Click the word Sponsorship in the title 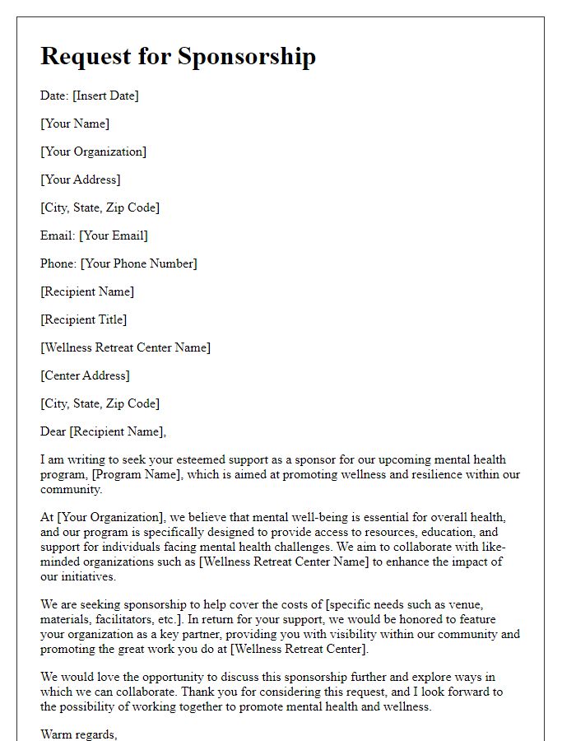pos(247,56)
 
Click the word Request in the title pos(86,56)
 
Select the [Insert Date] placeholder pos(105,96)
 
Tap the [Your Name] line pos(75,123)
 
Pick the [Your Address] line pos(81,179)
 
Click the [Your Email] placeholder pos(114,235)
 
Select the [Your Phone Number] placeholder pos(138,263)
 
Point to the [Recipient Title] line pos(84,319)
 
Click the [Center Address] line pos(86,375)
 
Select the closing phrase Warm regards pos(79,734)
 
